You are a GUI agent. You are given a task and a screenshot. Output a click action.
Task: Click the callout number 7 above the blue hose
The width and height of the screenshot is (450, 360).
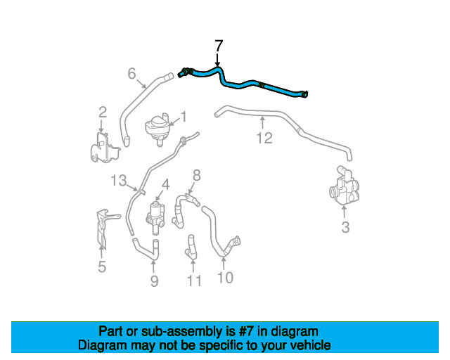tap(219, 46)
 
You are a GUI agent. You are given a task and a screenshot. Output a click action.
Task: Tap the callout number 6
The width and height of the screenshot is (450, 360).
tap(131, 74)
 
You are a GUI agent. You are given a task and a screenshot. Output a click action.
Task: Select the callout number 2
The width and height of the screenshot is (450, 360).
tap(103, 112)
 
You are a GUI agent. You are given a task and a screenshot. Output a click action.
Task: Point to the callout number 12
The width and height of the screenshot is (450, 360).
tap(264, 138)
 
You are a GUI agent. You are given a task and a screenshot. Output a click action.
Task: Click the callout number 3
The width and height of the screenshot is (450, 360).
tap(345, 227)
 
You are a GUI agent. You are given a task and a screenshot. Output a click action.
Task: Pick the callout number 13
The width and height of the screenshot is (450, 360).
tap(119, 181)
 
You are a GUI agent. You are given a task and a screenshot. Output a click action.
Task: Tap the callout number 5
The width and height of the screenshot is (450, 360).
tap(102, 266)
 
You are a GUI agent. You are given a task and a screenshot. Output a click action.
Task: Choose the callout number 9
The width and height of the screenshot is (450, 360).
tap(155, 281)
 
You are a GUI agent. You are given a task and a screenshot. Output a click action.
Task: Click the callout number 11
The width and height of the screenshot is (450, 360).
tap(194, 281)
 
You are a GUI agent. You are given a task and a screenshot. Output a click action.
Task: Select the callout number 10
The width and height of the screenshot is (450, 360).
tap(225, 278)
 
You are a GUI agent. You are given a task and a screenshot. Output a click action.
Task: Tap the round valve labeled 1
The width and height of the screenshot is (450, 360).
tap(157, 129)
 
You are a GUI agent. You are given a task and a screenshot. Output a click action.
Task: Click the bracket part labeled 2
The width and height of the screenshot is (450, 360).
tap(105, 148)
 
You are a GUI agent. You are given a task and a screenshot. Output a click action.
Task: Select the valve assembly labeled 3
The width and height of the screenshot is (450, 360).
tap(345, 185)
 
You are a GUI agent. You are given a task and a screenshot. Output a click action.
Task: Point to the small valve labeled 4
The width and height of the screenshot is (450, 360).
tap(155, 217)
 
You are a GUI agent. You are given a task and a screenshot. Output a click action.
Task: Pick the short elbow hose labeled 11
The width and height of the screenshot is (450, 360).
tap(191, 247)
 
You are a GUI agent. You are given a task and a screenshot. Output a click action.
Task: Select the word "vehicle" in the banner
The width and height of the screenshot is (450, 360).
tap(314, 345)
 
